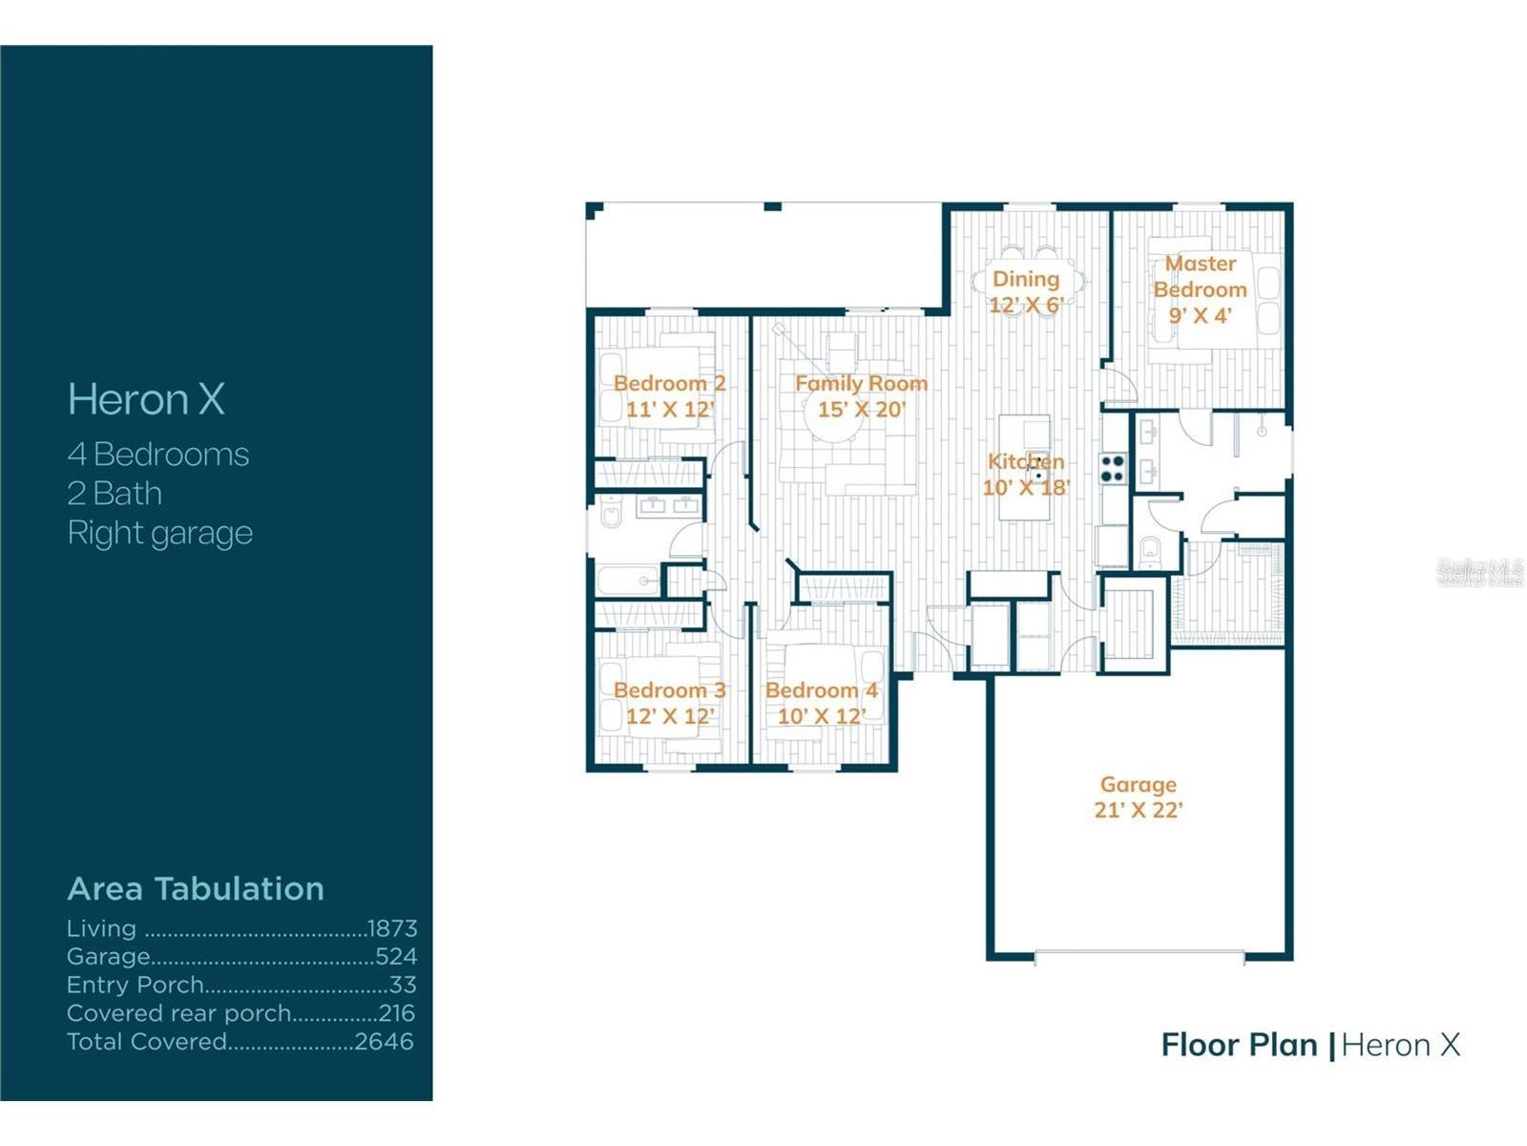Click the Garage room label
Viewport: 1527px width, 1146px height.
1138,784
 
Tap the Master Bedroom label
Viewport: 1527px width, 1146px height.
1200,276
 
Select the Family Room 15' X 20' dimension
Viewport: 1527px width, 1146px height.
861,410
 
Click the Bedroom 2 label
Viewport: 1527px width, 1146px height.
669,383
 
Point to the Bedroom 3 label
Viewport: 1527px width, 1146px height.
669,690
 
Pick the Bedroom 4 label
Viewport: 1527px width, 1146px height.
821,690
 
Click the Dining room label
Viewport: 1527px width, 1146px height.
1026,279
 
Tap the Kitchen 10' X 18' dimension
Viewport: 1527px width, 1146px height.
1026,487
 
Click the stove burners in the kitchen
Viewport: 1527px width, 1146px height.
1113,468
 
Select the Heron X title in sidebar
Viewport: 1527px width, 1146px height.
146,399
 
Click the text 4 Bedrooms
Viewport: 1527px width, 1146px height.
157,455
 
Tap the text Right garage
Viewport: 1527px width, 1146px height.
159,533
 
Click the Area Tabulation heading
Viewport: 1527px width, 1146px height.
196,888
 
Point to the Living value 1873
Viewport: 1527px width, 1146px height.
392,928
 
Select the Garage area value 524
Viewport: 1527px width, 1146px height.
396,956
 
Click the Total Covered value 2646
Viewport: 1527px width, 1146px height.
384,1041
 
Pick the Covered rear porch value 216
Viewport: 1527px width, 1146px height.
396,1012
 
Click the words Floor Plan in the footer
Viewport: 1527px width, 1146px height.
1238,1045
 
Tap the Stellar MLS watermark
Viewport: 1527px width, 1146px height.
1479,572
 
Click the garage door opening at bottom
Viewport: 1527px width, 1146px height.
1140,954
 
